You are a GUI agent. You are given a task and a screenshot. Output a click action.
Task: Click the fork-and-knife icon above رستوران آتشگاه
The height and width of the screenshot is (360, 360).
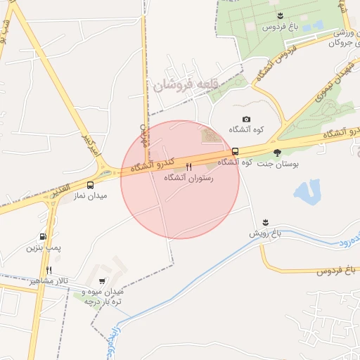[188, 167]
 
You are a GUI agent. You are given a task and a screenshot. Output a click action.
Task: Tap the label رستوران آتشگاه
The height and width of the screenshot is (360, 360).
[188, 179]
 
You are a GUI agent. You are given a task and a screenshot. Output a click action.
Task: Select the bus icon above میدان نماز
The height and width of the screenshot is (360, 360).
[89, 185]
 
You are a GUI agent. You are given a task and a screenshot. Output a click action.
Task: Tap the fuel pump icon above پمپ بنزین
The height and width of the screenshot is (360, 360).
[44, 237]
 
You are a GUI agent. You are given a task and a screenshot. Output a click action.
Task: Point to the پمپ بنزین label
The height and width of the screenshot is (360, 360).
[44, 247]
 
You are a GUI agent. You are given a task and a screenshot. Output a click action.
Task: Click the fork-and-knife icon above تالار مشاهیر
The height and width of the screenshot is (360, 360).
[49, 270]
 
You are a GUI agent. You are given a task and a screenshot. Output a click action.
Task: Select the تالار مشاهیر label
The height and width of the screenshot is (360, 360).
[49, 281]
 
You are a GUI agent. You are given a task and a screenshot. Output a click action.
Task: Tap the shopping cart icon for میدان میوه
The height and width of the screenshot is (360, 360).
[103, 281]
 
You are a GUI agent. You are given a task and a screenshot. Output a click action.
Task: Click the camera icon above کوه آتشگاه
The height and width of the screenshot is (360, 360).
[246, 119]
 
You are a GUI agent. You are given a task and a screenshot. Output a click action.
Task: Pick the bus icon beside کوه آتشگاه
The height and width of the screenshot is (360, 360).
[235, 151]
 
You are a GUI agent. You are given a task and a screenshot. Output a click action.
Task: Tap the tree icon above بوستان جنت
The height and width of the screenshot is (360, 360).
[277, 152]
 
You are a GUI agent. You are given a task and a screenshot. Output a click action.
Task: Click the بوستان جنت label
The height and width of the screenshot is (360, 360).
[276, 162]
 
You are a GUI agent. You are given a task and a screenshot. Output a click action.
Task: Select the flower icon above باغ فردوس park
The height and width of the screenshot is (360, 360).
[280, 15]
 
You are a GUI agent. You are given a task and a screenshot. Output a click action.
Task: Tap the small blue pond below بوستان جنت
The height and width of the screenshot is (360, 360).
[307, 191]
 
